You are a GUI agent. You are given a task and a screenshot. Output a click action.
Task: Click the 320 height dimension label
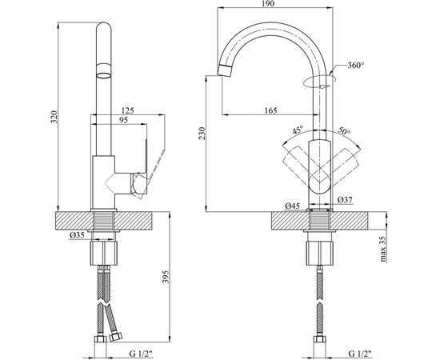point(54,118)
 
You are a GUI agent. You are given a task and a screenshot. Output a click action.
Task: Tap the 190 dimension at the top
point(269,3)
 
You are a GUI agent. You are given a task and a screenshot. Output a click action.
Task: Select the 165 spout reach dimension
point(270,110)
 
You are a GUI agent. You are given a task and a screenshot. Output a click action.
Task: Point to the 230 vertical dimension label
point(202,134)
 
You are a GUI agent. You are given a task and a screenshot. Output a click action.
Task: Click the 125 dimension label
point(128,110)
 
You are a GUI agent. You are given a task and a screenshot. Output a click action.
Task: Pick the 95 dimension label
point(123,120)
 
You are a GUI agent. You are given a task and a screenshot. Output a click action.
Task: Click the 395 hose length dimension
point(166,277)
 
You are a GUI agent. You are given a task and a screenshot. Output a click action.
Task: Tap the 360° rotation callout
point(356,66)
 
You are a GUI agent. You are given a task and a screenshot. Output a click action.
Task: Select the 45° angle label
point(298,130)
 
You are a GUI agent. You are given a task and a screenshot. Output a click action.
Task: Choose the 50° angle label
point(344,130)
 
